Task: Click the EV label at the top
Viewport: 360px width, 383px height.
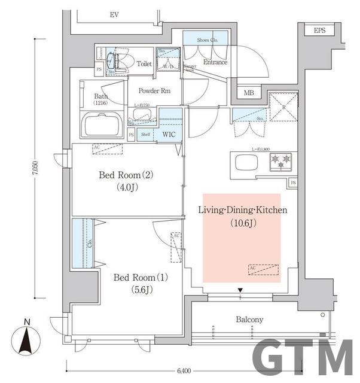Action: coord(114,14)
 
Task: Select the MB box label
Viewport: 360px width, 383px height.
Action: coord(249,93)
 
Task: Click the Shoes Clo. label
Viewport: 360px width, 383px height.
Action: coord(207,40)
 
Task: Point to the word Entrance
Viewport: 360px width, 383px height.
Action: coord(215,62)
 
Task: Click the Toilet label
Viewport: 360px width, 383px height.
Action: coord(144,63)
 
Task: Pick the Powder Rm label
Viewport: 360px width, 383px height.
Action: coord(154,91)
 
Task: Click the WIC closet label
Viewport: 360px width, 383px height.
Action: coord(169,135)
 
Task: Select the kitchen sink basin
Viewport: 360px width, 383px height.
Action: coord(246,162)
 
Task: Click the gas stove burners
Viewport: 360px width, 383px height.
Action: coord(280,159)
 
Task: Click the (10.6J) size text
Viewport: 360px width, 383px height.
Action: coord(243,224)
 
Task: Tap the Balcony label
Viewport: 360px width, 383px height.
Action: coord(249,320)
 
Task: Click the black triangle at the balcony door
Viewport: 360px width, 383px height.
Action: coord(240,291)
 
